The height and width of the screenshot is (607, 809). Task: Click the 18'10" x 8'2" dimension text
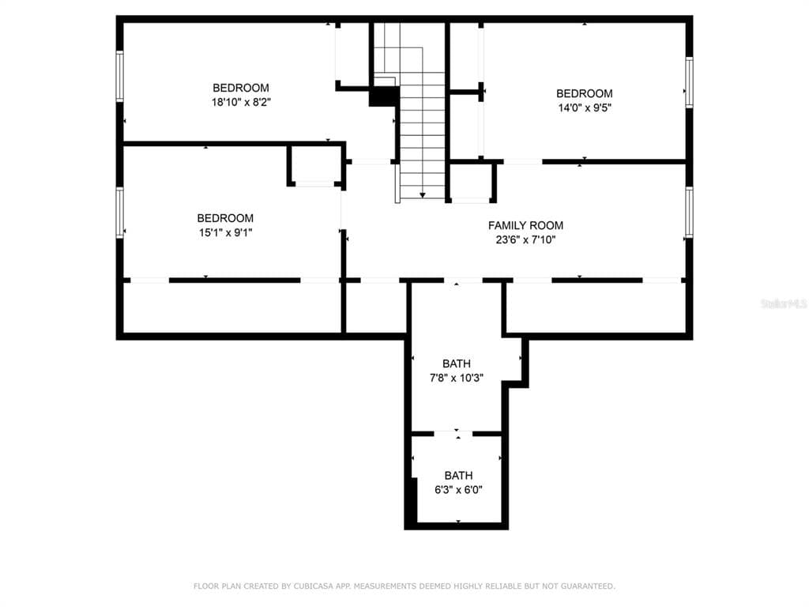click(241, 102)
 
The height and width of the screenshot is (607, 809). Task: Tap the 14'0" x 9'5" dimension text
click(585, 107)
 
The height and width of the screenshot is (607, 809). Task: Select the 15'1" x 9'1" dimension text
click(225, 233)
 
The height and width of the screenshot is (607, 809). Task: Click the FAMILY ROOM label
click(525, 225)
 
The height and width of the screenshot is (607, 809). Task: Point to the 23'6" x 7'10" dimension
click(525, 240)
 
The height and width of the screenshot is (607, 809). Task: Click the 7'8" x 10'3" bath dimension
click(457, 378)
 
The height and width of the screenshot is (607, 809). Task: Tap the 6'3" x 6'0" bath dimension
click(459, 490)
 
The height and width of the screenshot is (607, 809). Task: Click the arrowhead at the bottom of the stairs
click(423, 195)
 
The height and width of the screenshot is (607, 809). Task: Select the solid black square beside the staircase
click(385, 96)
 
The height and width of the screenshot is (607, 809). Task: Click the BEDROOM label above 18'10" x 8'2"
click(241, 88)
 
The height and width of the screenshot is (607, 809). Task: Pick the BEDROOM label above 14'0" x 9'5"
click(585, 93)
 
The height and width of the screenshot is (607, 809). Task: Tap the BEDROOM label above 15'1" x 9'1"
click(225, 218)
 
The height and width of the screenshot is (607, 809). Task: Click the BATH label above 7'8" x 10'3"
click(457, 364)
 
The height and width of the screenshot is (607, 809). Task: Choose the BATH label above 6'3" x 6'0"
click(459, 475)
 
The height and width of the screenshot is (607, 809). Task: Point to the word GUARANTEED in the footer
click(588, 586)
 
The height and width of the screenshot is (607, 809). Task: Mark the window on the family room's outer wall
click(689, 212)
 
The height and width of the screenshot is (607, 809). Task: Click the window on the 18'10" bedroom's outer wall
click(120, 76)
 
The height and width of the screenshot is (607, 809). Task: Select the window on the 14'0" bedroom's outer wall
click(689, 82)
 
